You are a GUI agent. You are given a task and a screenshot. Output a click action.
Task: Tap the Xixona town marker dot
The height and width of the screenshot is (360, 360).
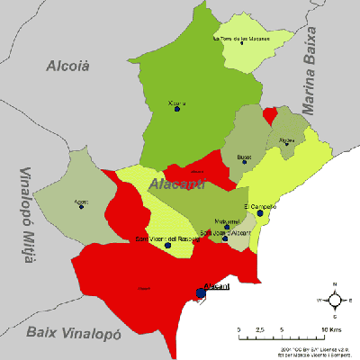[177, 109]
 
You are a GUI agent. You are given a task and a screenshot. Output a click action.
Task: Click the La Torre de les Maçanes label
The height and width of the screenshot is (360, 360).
[240, 40]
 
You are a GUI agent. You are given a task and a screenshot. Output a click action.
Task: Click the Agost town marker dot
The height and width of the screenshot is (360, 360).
[81, 207]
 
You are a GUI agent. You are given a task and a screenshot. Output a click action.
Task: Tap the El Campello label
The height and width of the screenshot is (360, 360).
[260, 207]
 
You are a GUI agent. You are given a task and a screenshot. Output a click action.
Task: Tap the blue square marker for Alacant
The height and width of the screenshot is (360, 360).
[201, 292]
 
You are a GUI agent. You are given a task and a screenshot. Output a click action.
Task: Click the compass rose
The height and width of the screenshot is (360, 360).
[334, 299]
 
